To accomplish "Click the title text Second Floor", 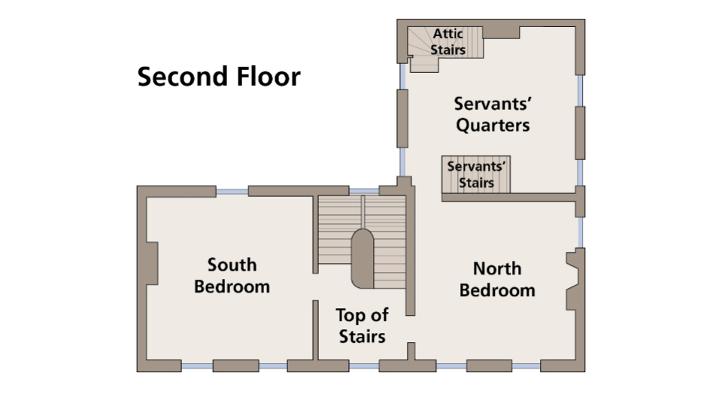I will tap(218, 77).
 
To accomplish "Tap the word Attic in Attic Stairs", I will tap(447, 35).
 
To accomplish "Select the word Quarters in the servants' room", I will tap(493, 125).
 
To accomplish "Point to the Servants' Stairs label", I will tap(476, 174).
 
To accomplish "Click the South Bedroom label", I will tap(232, 275).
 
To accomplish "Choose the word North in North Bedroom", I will tap(497, 268).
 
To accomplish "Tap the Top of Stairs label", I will tap(362, 326).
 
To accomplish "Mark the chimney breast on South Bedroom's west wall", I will tap(152, 263).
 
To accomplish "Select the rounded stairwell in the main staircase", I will tap(363, 258).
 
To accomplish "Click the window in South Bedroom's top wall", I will tap(232, 191).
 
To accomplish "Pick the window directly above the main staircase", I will tap(363, 191).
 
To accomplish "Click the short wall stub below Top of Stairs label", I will tap(411, 351).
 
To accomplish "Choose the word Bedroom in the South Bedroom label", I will tap(232, 286).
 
